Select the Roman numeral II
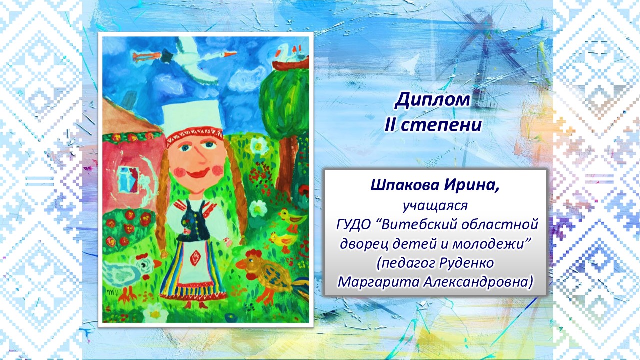coord(391,125)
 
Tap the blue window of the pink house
coord(128,180)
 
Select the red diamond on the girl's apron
coord(195,258)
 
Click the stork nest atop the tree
coord(290,64)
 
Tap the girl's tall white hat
coord(192,116)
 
